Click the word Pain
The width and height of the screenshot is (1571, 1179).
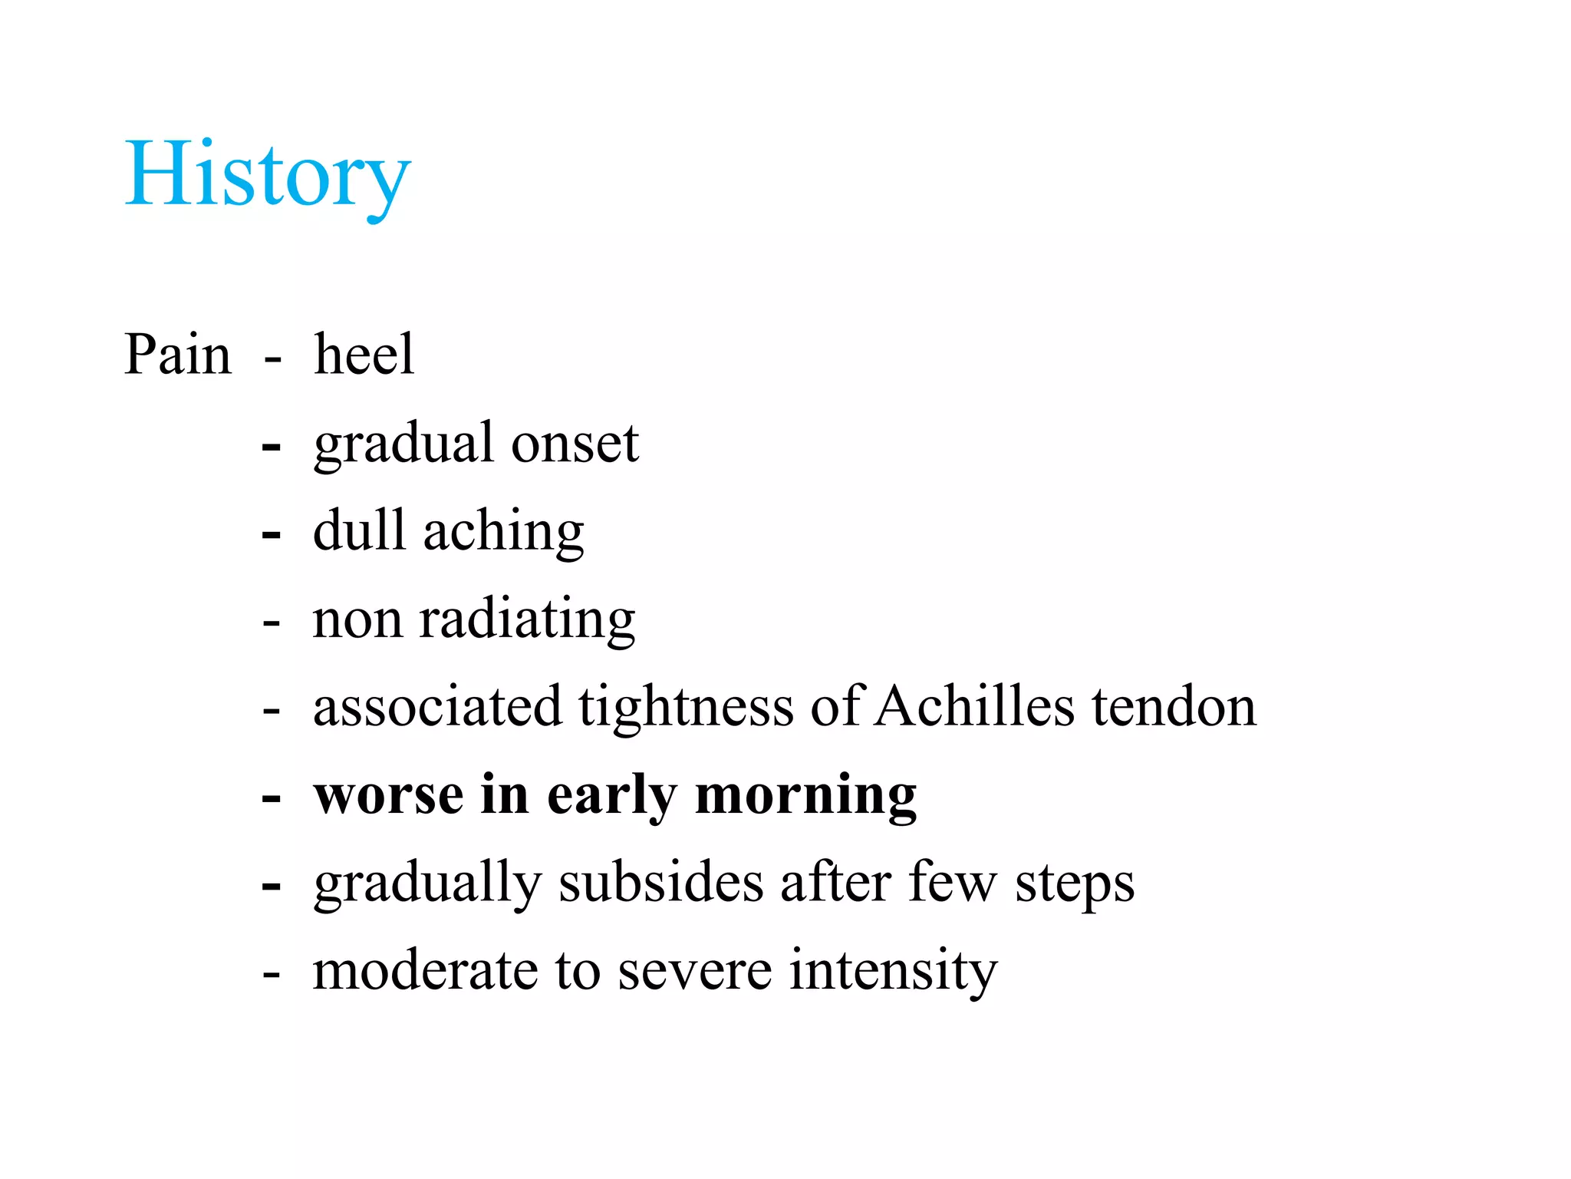pyautogui.click(x=177, y=355)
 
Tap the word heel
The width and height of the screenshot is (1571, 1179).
pyautogui.click(x=364, y=355)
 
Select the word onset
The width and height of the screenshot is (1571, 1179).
pyautogui.click(x=575, y=444)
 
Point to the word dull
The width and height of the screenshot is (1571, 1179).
pyautogui.click(x=359, y=530)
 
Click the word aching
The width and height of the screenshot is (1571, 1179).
pyautogui.click(x=503, y=532)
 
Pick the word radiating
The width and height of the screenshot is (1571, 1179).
pyautogui.click(x=527, y=619)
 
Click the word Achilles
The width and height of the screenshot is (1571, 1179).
pyautogui.click(x=974, y=706)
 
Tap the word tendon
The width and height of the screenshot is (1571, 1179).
pyautogui.click(x=1174, y=706)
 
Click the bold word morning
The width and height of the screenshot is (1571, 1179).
pyautogui.click(x=805, y=796)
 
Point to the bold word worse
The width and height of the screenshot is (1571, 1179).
pyautogui.click(x=389, y=796)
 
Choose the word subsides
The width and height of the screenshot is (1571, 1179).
pyautogui.click(x=661, y=883)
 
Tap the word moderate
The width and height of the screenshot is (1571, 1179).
pyautogui.click(x=426, y=971)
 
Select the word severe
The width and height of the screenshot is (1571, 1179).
pyautogui.click(x=695, y=971)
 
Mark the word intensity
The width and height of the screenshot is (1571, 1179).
pyautogui.click(x=894, y=971)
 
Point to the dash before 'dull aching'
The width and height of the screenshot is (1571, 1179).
pyautogui.click(x=272, y=535)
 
